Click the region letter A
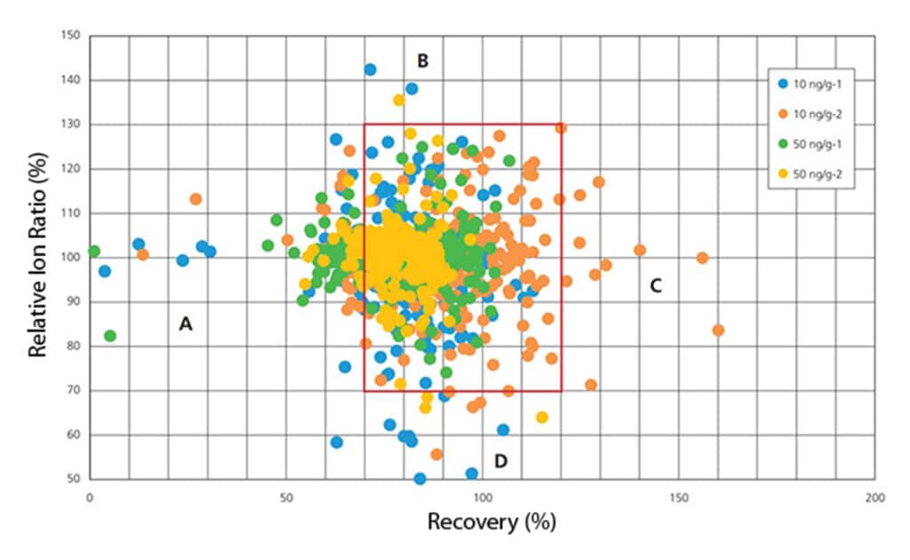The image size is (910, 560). click(x=186, y=325)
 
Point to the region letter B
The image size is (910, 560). click(x=423, y=60)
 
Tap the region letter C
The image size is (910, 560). click(x=656, y=285)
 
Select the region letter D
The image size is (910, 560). click(x=501, y=460)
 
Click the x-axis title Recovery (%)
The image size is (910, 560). click(x=491, y=522)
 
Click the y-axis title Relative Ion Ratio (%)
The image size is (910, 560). click(x=37, y=258)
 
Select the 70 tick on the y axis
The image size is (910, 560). click(x=70, y=390)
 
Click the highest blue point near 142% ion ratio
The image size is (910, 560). click(x=370, y=69)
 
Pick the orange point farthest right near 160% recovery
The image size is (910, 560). click(x=718, y=330)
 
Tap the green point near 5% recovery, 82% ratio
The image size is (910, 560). click(x=110, y=336)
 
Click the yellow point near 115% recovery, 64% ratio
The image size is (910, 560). click(x=542, y=417)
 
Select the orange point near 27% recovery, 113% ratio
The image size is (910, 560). click(x=196, y=199)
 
